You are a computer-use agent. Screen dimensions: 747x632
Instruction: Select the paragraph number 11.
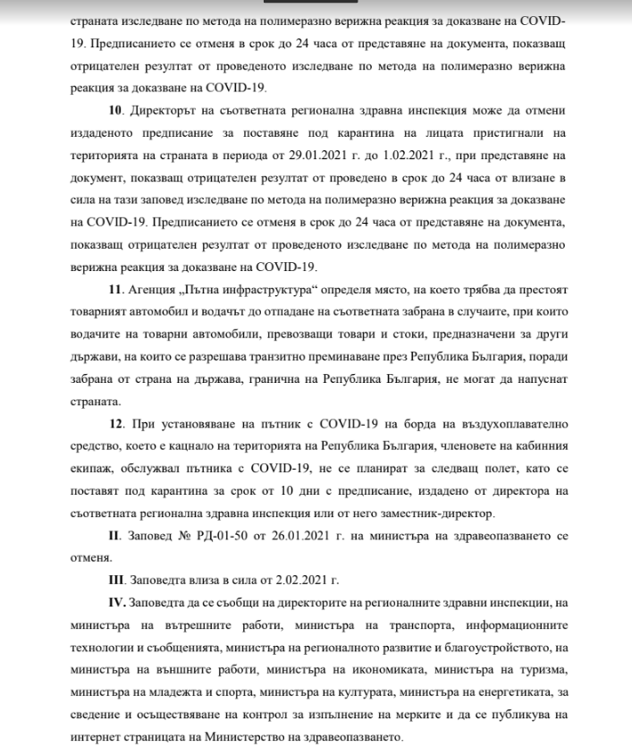click(114, 291)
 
